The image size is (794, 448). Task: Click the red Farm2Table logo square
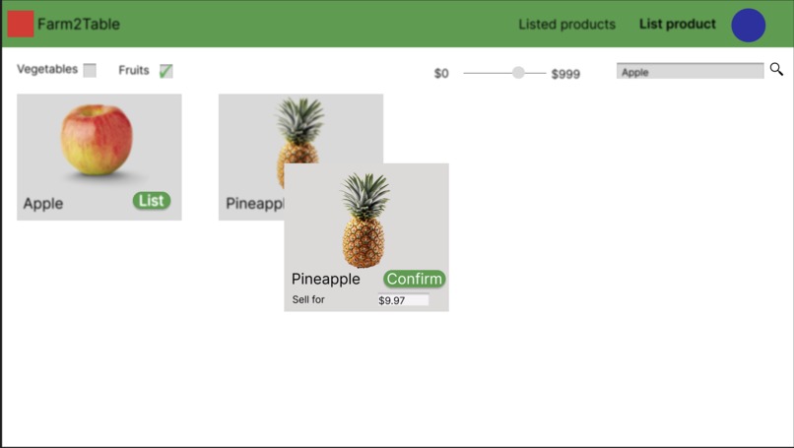point(21,24)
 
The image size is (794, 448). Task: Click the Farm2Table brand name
point(79,25)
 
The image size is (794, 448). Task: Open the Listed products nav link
point(566,25)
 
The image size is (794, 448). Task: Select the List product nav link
point(678,25)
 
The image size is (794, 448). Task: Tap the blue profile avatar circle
point(749,26)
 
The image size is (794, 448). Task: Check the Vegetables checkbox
point(90,70)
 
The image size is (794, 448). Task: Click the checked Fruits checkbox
point(166,71)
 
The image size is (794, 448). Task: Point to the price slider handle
point(518,72)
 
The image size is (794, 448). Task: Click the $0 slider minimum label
point(441,74)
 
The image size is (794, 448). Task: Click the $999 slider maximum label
point(565,74)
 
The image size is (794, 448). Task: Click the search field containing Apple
point(690,71)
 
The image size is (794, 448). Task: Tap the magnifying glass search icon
point(776,70)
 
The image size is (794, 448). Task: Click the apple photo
point(97,141)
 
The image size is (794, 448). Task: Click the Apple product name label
point(43,204)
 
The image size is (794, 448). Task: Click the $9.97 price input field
point(403,300)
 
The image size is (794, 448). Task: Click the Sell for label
point(308,299)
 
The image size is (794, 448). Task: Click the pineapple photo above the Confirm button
point(364,220)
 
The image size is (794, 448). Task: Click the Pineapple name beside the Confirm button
point(326,280)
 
